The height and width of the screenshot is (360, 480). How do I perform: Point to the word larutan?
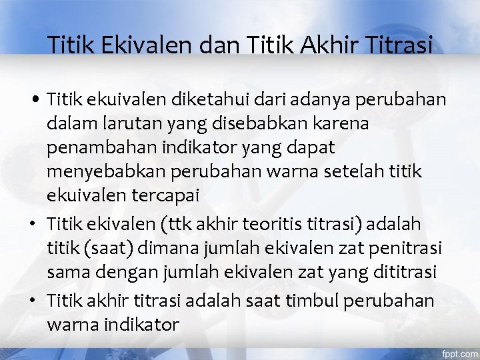pyautogui.click(x=121, y=123)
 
